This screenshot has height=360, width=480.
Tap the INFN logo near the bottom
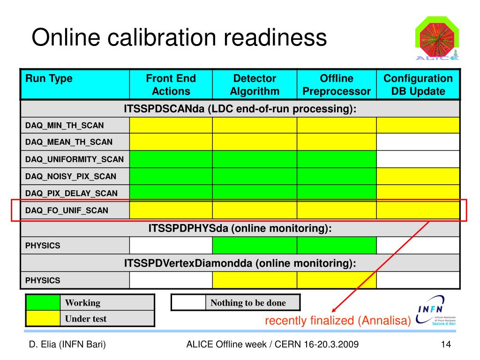436,311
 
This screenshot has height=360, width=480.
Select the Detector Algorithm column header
255,85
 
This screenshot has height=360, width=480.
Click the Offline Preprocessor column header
337,85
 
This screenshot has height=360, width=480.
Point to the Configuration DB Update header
418,85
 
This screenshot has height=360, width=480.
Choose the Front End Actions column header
171,85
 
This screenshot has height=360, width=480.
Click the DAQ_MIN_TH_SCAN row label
65,125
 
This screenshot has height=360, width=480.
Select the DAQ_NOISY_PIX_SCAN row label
71,176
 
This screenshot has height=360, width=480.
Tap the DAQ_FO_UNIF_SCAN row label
67,210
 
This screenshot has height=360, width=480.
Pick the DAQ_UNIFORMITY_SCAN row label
75,159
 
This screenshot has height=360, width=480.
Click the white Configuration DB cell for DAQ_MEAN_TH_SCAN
418,142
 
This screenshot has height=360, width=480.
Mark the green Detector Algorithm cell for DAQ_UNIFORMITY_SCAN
255,159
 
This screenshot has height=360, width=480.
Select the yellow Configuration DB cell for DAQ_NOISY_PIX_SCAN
418,176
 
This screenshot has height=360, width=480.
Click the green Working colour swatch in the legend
43,303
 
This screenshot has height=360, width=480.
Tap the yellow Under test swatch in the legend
43,319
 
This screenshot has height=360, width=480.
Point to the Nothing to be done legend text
248,303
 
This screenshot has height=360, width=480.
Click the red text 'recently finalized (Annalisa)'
337,321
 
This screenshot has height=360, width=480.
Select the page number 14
446,345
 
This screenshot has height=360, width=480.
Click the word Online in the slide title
65,37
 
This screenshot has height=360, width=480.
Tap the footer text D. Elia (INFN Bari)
67,345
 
